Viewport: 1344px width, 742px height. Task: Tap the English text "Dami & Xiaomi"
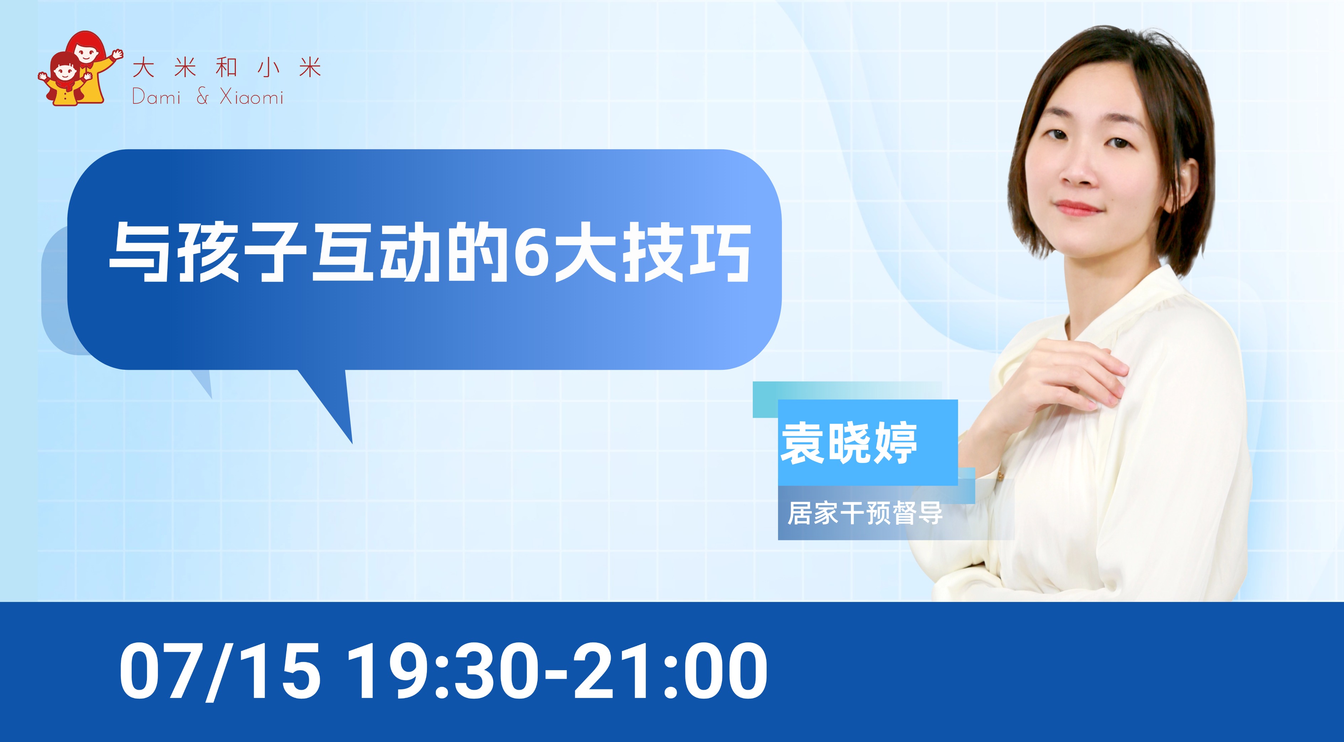pos(208,96)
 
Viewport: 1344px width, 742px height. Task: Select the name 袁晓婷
pos(849,443)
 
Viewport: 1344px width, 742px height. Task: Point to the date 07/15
pos(219,671)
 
